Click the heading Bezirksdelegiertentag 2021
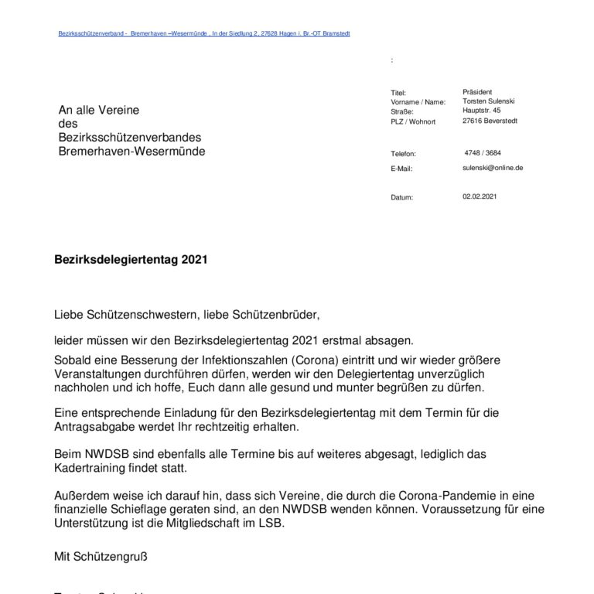[131, 261]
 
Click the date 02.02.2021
[480, 196]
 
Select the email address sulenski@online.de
[493, 167]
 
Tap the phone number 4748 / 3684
[483, 152]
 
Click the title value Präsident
[477, 92]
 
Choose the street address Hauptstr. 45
[481, 111]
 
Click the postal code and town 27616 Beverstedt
[490, 121]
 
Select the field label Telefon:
[404, 154]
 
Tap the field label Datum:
[402, 198]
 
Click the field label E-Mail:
[402, 169]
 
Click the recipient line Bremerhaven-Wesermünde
[132, 152]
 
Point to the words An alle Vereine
[99, 111]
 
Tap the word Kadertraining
[94, 469]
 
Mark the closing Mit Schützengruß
[101, 555]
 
